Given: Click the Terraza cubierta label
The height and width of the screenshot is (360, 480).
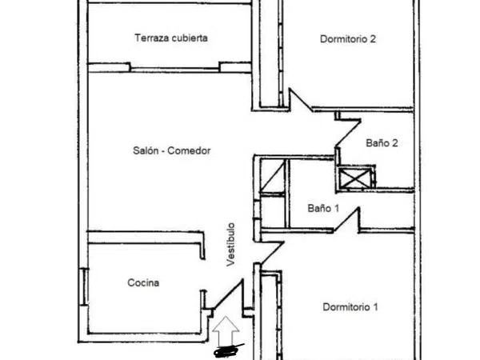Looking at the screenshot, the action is tap(171, 38).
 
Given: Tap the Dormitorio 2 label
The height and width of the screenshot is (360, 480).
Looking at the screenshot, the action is tap(348, 39).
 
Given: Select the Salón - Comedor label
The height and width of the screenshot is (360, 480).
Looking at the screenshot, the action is tap(172, 150).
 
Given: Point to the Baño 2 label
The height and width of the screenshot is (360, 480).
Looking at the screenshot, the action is tap(382, 143).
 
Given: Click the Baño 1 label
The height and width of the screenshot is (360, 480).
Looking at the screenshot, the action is tap(323, 209).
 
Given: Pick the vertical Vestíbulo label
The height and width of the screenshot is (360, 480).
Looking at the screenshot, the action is tap(231, 244).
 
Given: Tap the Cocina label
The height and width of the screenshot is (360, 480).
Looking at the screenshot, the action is tap(143, 282).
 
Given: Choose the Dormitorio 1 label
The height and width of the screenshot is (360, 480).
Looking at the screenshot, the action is tap(350, 306).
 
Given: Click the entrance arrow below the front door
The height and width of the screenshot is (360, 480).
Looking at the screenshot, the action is tap(226, 332).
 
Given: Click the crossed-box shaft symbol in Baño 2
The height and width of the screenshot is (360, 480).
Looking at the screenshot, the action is tap(354, 178).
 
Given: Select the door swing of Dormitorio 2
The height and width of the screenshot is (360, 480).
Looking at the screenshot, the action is tap(300, 99).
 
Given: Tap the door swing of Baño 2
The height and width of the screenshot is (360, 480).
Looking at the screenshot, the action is tap(348, 132).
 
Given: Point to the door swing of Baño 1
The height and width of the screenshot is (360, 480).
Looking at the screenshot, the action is tap(347, 220).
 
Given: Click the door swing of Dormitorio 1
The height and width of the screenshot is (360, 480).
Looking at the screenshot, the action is tap(271, 252).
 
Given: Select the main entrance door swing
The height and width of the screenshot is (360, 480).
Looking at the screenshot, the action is tap(228, 294).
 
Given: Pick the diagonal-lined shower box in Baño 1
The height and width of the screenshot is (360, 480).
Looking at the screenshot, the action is tap(273, 176).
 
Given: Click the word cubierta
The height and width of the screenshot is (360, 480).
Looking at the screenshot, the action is tap(190, 38).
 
